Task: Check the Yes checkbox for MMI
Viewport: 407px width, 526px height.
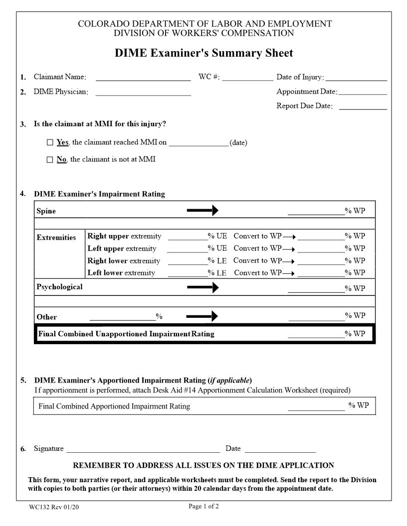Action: point(50,142)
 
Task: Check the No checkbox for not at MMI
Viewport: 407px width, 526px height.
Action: point(50,160)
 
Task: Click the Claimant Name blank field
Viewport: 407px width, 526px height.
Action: point(143,77)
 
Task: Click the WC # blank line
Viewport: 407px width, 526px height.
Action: point(247,77)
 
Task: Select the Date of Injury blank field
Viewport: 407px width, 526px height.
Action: point(356,77)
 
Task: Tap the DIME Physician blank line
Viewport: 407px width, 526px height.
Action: point(143,92)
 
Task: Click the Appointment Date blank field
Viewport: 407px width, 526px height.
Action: point(363,92)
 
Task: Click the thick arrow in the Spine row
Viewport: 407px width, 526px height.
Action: point(203,211)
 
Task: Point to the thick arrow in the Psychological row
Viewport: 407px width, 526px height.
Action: point(203,287)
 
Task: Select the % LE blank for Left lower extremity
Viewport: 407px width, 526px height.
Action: point(188,273)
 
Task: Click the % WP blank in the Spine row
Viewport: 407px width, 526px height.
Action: point(316,212)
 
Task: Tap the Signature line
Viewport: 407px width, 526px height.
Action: point(143,449)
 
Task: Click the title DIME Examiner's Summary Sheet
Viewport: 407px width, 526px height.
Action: point(203,53)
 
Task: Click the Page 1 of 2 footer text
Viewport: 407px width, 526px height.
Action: point(203,507)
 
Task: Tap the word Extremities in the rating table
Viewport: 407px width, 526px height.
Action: point(56,238)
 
